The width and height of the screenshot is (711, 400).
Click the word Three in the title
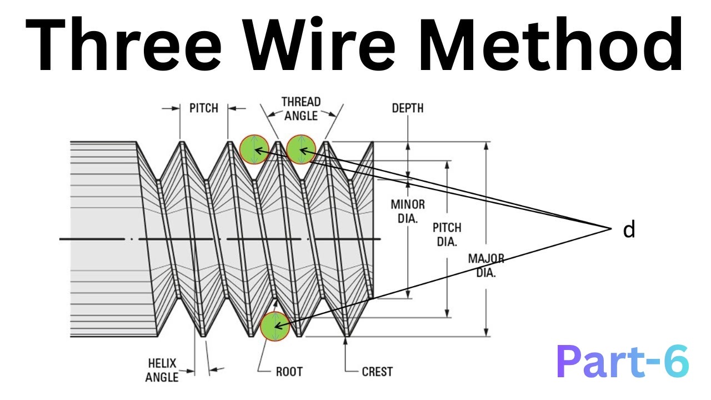[x=123, y=44]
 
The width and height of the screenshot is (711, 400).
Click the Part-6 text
[x=623, y=362]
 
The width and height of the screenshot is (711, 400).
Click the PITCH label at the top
[x=204, y=108]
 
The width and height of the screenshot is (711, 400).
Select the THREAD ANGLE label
[x=301, y=109]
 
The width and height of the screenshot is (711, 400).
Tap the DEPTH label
[x=408, y=108]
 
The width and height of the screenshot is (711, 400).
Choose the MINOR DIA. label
[x=408, y=212]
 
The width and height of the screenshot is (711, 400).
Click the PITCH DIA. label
[x=447, y=234]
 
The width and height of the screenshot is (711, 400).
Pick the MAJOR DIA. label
[x=486, y=266]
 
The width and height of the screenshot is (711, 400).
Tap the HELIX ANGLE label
[x=162, y=370]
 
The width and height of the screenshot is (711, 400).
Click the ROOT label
[x=289, y=372]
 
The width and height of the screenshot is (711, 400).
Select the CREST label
[x=377, y=372]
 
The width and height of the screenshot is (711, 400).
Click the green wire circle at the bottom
[x=275, y=326]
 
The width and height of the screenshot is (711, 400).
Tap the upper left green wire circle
[x=254, y=149]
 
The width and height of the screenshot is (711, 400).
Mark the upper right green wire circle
[x=301, y=149]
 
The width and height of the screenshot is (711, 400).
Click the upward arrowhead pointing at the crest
[x=346, y=341]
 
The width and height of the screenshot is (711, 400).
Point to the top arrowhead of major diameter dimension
[x=486, y=146]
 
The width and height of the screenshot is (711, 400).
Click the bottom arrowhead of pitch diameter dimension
[x=447, y=313]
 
